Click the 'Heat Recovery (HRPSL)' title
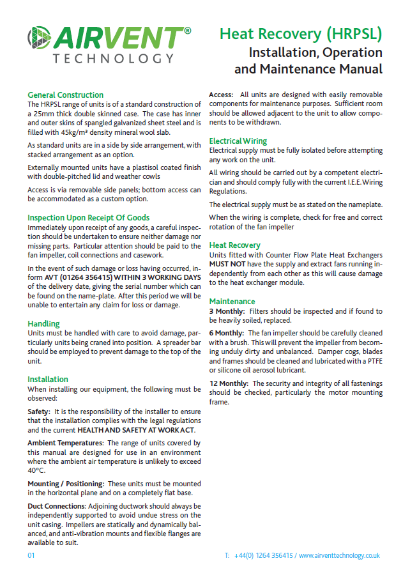point(301,34)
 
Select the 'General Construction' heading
point(65,95)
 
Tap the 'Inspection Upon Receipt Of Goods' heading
point(88,217)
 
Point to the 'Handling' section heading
point(43,323)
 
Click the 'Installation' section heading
point(48,379)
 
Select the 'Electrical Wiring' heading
point(238,141)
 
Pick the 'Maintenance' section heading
point(232,301)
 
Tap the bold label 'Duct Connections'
point(56,505)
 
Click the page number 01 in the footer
point(31,555)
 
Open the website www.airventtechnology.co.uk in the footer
point(339,555)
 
